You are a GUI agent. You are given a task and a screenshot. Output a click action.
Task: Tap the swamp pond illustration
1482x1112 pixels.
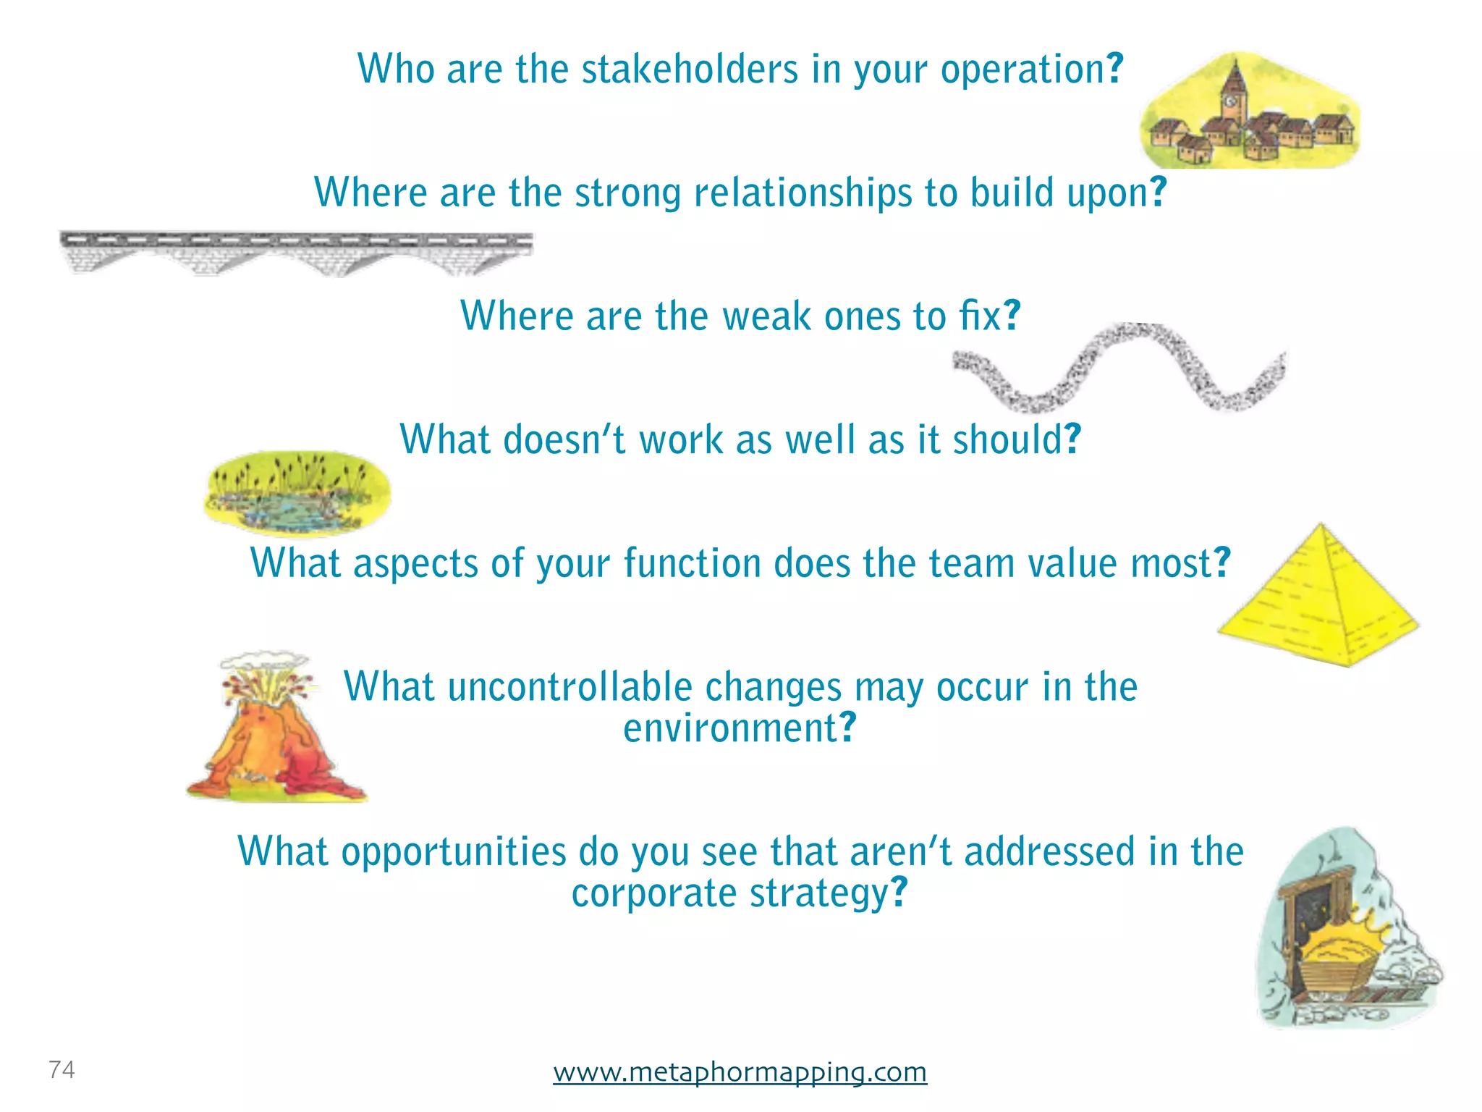pos(297,493)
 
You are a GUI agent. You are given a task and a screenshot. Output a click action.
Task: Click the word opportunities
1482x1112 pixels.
pos(454,851)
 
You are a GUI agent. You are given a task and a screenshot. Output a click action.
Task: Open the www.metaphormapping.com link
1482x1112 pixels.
pos(740,1071)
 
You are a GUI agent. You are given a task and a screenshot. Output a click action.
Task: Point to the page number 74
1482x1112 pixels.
pos(62,1069)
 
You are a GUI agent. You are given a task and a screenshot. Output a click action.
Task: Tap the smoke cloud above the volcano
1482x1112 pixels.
pos(264,661)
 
